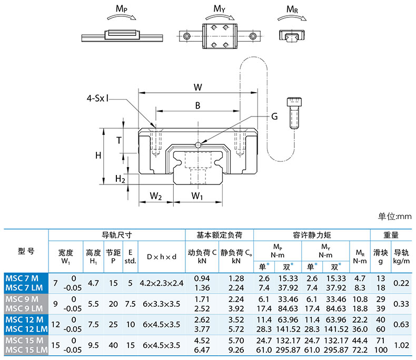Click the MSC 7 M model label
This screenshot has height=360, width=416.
[x=22, y=278]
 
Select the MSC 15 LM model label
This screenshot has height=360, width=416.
[x=26, y=349]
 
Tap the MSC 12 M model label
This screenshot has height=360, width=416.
[x=24, y=319]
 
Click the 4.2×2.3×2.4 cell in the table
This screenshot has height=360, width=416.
[x=162, y=283]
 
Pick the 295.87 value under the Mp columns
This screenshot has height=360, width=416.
[x=288, y=349]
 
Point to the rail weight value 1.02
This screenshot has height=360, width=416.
[x=401, y=345]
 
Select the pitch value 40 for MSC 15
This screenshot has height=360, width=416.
[x=113, y=345]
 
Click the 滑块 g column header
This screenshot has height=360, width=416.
[x=380, y=257]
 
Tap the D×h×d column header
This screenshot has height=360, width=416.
[x=162, y=257]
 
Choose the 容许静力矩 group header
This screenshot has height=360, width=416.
[x=312, y=235]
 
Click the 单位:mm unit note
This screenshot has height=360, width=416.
[x=395, y=217]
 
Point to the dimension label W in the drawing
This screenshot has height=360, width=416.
[x=198, y=87]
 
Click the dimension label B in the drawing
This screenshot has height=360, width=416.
[x=197, y=105]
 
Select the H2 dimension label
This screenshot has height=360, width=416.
[x=120, y=179]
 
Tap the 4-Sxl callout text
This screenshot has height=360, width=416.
[x=97, y=98]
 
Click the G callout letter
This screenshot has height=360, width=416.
[x=274, y=116]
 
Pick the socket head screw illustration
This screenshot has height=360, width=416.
[x=294, y=113]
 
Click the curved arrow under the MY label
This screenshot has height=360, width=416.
[x=220, y=17]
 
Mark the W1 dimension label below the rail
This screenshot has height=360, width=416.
[x=197, y=196]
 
